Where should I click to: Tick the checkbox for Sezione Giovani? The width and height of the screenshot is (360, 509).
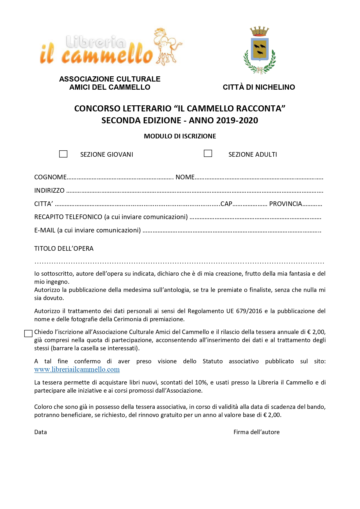[x=63, y=154]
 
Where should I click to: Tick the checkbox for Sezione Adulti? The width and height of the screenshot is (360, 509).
[x=208, y=153]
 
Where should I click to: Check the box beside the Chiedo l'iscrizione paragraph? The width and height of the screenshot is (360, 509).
[x=28, y=334]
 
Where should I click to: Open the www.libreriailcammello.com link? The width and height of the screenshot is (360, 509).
[x=77, y=369]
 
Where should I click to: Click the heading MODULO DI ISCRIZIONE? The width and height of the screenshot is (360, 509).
[x=180, y=136]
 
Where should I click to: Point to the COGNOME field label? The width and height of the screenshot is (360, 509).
[x=50, y=177]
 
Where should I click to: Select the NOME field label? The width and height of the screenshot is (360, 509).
[x=185, y=177]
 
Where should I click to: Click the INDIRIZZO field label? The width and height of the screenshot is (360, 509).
[x=49, y=190]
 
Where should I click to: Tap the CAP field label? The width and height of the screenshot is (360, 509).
[x=226, y=204]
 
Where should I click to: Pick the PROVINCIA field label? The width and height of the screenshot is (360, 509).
[x=285, y=204]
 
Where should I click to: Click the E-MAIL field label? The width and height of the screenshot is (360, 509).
[x=45, y=230]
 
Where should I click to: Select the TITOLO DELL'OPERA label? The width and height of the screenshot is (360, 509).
[x=64, y=248]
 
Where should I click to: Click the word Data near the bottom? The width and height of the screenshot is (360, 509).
[x=41, y=432]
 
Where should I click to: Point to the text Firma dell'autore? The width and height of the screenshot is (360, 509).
[x=256, y=432]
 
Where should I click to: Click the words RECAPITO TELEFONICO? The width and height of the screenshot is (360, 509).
[x=68, y=217]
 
